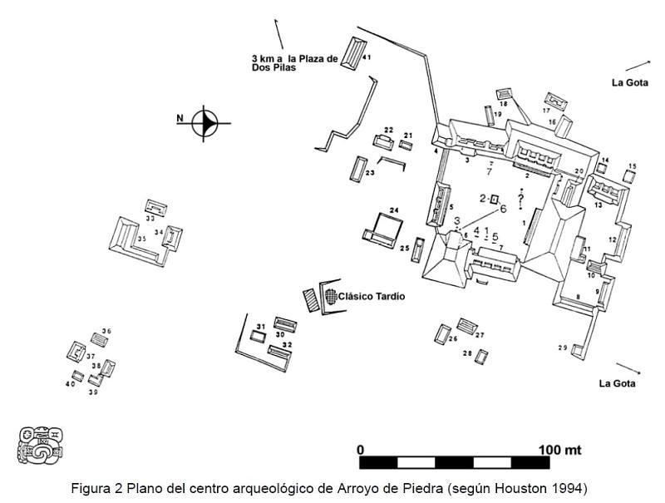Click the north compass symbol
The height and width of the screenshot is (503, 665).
pyautogui.click(x=204, y=123)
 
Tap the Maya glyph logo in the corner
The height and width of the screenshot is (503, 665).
pyautogui.click(x=41, y=445)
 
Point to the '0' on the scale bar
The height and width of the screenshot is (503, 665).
pyautogui.click(x=361, y=450)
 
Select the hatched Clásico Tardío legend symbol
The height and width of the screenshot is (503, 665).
pyautogui.click(x=331, y=296)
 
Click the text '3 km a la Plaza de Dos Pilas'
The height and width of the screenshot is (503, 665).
pyautogui.click(x=294, y=62)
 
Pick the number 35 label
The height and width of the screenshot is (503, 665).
pyautogui.click(x=142, y=239)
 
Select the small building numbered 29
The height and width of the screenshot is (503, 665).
pyautogui.click(x=577, y=351)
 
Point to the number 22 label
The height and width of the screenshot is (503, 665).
pyautogui.click(x=387, y=130)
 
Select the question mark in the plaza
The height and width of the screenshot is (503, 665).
pyautogui.click(x=521, y=200)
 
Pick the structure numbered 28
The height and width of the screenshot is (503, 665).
pyautogui.click(x=480, y=357)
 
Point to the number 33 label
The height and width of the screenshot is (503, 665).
pyautogui.click(x=150, y=219)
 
